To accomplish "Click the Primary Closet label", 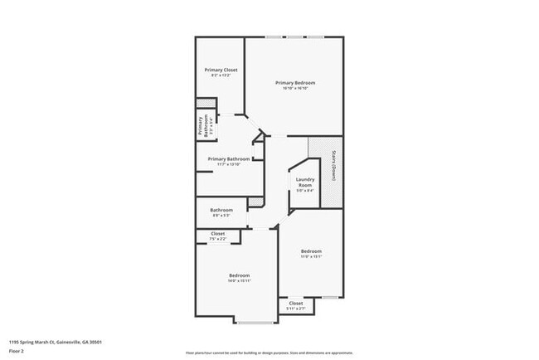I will click(x=221, y=70).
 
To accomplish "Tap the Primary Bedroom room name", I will click(x=295, y=83).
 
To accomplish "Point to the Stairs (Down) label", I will click(x=333, y=165).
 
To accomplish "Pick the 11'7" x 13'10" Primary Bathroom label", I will click(x=229, y=158).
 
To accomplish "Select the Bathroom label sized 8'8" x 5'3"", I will click(x=221, y=210).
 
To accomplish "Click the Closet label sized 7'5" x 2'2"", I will click(x=217, y=234).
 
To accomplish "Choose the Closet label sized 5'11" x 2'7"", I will click(x=296, y=304).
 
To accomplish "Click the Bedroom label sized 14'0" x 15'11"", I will click(x=239, y=275).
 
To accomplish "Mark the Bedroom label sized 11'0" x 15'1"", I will click(x=311, y=251).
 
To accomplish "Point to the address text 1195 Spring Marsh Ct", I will click(x=56, y=342).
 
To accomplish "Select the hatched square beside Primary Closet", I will click(x=201, y=104).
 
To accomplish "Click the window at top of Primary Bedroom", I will click(x=294, y=36).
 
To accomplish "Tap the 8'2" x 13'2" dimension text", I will click(x=221, y=75).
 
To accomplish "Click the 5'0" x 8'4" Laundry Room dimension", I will click(x=304, y=191).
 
